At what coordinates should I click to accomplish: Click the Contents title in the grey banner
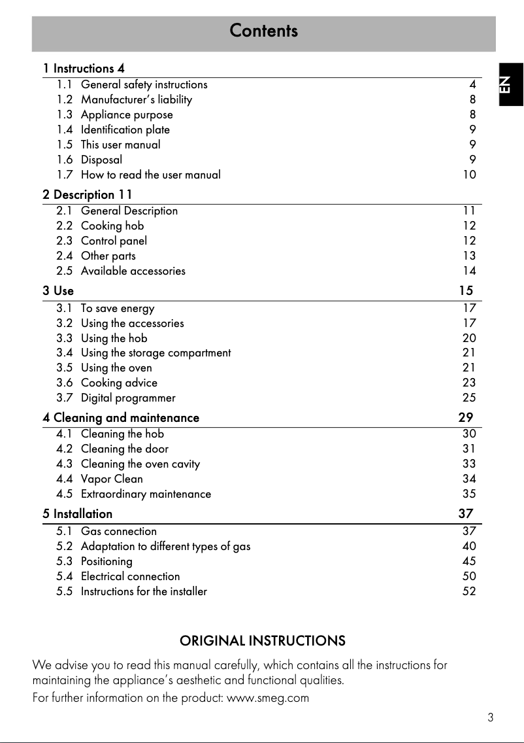263,31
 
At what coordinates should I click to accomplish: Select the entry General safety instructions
144,85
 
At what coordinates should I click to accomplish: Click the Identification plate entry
125,130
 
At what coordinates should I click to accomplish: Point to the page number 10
469,175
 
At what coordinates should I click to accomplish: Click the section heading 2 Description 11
88,195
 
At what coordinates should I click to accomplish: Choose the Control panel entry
114,241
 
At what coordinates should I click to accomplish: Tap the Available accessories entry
133,271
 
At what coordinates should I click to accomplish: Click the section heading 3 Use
58,290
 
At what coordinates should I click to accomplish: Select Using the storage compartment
156,353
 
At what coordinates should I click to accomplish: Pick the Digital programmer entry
128,398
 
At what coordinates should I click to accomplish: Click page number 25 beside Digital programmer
469,398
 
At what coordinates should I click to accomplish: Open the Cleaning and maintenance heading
121,418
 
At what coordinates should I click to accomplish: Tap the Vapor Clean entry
112,479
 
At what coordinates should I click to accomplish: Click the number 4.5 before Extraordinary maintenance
65,494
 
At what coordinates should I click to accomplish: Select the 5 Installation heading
78,514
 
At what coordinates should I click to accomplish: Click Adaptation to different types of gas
165,547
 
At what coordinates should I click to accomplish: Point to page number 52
469,592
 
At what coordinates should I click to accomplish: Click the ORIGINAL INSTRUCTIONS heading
263,641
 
